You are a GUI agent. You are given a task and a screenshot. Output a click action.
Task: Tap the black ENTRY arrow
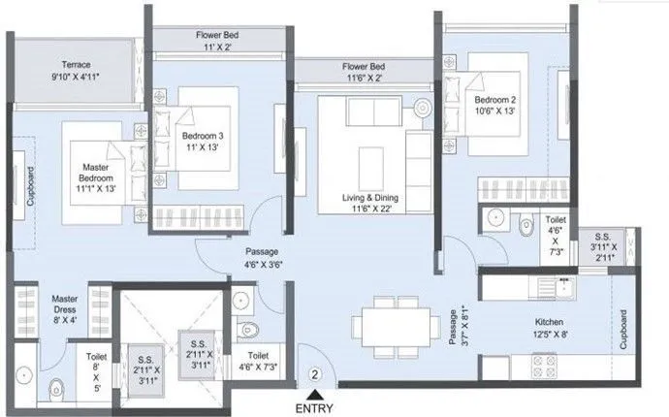314,394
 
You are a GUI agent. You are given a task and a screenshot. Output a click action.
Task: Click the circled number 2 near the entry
314,372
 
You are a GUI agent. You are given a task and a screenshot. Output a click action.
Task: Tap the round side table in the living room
423,107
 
